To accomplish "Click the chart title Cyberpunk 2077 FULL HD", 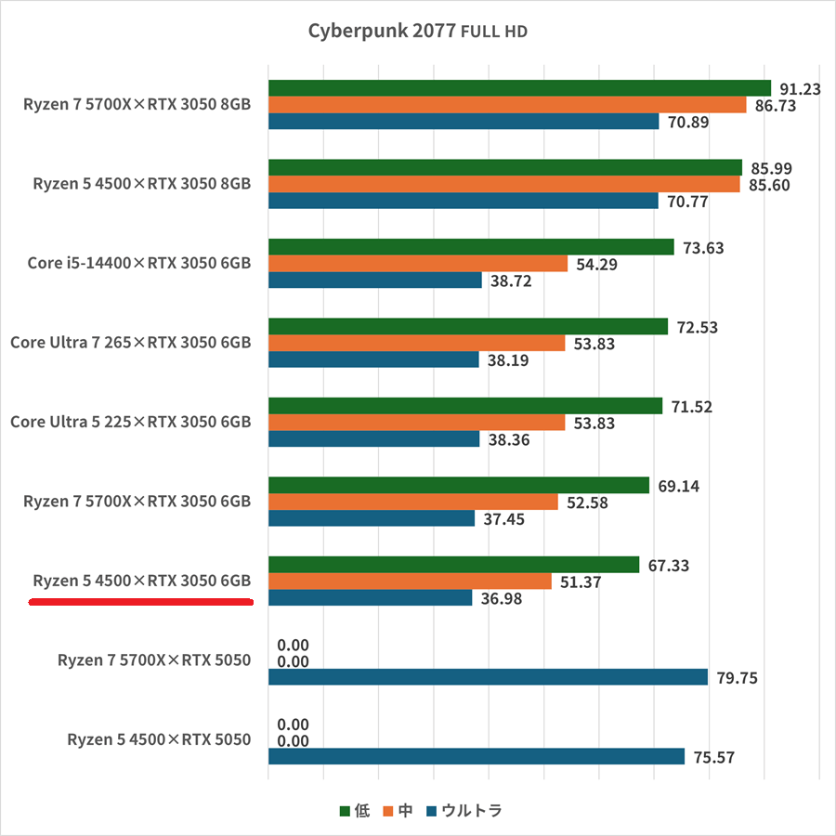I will click(417, 32).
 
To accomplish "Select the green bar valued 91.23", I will click(519, 88).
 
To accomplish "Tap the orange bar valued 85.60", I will click(503, 185).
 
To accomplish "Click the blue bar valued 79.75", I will click(488, 677).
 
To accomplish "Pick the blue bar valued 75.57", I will click(477, 757).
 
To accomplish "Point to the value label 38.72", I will click(510, 281).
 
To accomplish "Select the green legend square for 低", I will click(345, 811).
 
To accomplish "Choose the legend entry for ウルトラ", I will click(464, 811).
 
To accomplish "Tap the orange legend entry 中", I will click(398, 811).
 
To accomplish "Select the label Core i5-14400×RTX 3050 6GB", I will click(139, 263).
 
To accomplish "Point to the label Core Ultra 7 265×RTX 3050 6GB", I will click(131, 343).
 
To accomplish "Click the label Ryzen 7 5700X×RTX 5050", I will click(154, 660).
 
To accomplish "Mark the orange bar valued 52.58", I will click(412, 503).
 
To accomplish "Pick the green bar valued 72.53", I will click(467, 327).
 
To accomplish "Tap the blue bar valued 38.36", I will click(373, 439).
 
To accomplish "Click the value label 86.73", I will click(774, 107).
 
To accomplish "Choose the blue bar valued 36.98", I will click(370, 598).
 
